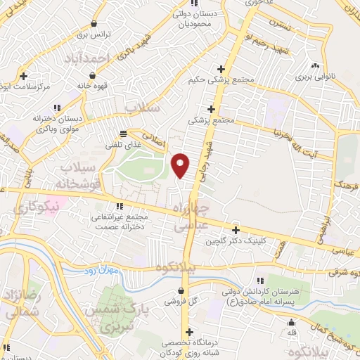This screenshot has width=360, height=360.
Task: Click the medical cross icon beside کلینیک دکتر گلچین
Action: coord(236,230)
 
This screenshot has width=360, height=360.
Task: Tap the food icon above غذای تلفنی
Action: coord(124,134)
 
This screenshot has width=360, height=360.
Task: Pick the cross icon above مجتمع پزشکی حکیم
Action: coord(221,69)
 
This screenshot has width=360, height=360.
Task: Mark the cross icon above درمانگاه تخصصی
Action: coord(188,333)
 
